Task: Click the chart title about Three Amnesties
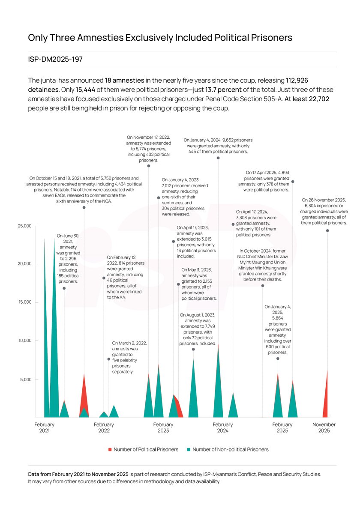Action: [x=160, y=38]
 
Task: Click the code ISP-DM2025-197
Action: [x=55, y=60]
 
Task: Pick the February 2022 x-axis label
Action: [x=104, y=427]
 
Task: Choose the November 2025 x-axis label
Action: [x=324, y=427]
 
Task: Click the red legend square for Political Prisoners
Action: [x=110, y=449]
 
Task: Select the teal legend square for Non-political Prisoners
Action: [x=189, y=449]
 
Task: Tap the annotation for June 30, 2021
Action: [x=68, y=258]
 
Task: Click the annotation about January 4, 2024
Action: [x=218, y=146]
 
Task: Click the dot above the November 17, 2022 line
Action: [x=149, y=166]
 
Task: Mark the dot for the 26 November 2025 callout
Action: [x=327, y=231]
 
